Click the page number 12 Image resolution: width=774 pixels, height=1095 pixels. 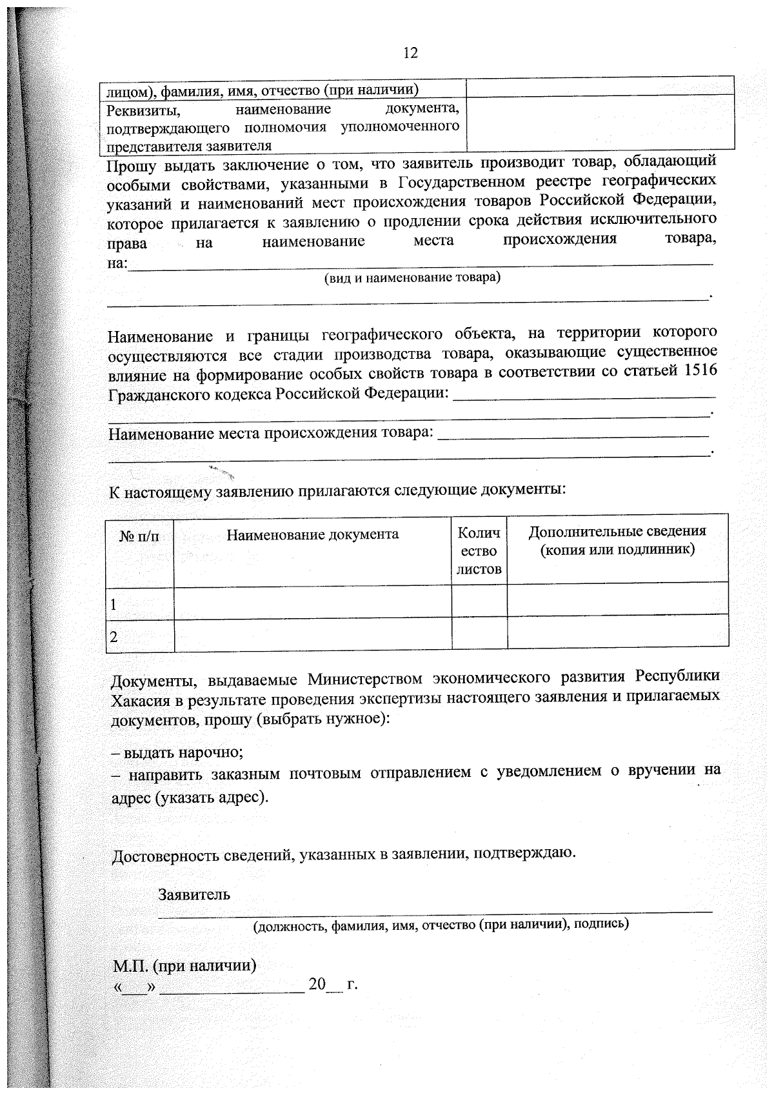[x=410, y=53]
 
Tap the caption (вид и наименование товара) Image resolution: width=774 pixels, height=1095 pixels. [x=412, y=277]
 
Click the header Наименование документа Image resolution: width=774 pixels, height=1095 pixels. [x=312, y=534]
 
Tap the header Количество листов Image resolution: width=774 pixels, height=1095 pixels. [x=479, y=550]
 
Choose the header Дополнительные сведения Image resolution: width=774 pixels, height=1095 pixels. [x=617, y=540]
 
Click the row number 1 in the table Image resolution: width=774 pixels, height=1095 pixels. [x=114, y=605]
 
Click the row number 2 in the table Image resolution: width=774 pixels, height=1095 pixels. [x=114, y=637]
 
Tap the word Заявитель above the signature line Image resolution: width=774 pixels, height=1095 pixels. [x=193, y=895]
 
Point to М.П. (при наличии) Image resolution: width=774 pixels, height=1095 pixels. [x=185, y=966]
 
